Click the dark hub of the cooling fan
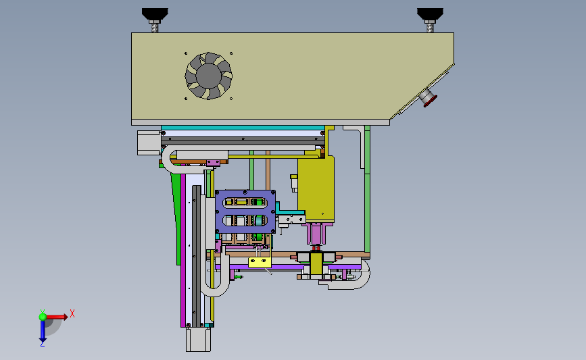209,76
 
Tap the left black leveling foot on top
155,15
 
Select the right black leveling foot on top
430,15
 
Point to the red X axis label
72,313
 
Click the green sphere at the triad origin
43,317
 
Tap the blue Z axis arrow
43,331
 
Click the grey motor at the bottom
198,340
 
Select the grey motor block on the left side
149,143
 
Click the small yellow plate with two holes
260,262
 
